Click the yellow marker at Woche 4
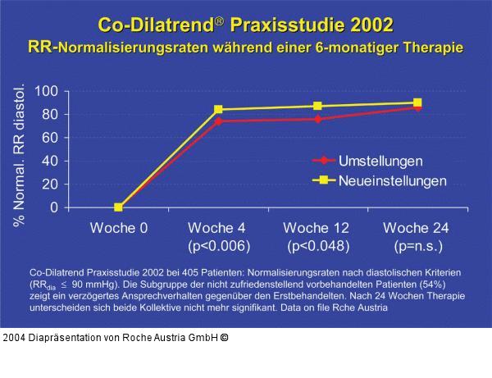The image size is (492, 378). pyautogui.click(x=218, y=109)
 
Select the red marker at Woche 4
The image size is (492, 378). pyautogui.click(x=218, y=121)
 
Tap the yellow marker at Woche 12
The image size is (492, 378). pyautogui.click(x=317, y=106)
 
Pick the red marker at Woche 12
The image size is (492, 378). pyautogui.click(x=317, y=119)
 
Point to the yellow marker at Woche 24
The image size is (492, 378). pyautogui.click(x=417, y=102)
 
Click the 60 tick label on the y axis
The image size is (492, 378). pyautogui.click(x=48, y=138)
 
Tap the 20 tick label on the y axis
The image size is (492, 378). pyautogui.click(x=48, y=184)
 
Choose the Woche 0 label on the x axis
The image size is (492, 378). pyautogui.click(x=119, y=227)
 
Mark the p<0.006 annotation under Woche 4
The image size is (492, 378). pyautogui.click(x=218, y=245)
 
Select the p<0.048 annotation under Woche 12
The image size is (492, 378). pyautogui.click(x=318, y=245)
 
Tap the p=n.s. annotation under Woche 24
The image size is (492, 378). pyautogui.click(x=417, y=245)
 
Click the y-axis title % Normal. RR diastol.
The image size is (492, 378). pyautogui.click(x=20, y=154)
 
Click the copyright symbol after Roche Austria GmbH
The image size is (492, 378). pyautogui.click(x=223, y=337)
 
